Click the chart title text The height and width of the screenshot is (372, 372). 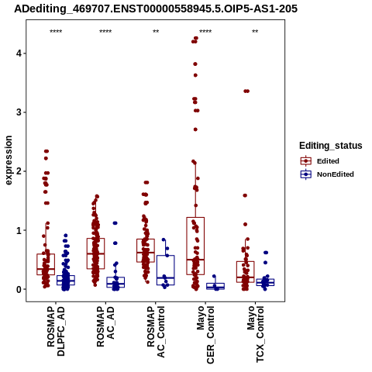[x=156, y=9]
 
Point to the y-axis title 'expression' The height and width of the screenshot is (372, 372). [x=9, y=160]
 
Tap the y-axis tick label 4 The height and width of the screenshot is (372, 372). [x=19, y=53]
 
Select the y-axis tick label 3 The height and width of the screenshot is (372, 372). [x=19, y=112]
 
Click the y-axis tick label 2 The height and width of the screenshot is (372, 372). [x=19, y=171]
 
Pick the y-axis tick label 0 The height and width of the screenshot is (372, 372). [x=19, y=289]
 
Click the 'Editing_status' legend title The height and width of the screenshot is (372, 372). [x=331, y=146]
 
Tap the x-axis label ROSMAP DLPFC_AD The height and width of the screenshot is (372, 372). [x=56, y=331]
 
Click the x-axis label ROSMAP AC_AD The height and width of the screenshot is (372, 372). [x=105, y=326]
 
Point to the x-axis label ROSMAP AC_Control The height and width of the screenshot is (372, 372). [x=156, y=332]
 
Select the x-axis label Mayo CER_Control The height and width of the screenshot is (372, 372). [x=205, y=335]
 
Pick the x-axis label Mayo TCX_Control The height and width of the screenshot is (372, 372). [x=256, y=334]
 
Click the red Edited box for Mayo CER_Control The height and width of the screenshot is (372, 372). [x=195, y=246]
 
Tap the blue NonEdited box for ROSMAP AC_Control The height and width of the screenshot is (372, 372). [x=166, y=270]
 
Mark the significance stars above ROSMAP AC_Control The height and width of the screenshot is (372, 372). [x=156, y=32]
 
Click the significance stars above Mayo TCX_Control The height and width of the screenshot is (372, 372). [x=255, y=32]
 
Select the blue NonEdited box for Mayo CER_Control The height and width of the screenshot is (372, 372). [x=215, y=286]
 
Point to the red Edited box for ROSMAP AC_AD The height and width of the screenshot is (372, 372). [x=96, y=253]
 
